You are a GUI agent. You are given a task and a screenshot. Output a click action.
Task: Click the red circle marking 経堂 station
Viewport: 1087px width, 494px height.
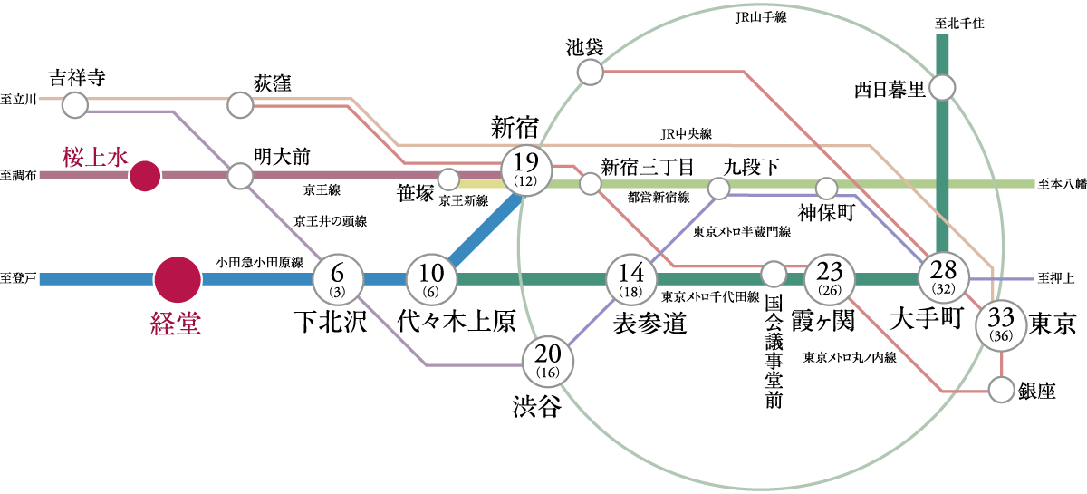(x=177, y=279)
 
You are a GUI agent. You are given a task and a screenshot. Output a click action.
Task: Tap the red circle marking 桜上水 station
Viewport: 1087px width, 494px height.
(x=144, y=176)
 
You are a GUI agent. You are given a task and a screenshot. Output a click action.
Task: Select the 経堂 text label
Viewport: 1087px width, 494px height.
(x=176, y=323)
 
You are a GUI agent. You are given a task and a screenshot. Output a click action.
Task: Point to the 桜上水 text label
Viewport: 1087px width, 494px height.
(x=96, y=157)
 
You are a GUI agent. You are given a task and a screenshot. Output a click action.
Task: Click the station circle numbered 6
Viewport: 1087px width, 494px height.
(x=338, y=279)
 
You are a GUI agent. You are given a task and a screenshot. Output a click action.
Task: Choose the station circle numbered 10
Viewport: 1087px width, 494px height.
(x=431, y=279)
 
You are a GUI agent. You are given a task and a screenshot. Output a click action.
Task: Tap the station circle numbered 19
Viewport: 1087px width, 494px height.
(x=526, y=169)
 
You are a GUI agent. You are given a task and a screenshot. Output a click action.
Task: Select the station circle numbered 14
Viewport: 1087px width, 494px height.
(x=630, y=279)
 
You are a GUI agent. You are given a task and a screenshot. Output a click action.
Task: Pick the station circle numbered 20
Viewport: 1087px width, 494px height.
(x=548, y=362)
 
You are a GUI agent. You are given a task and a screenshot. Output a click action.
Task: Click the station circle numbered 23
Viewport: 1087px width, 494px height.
(x=830, y=279)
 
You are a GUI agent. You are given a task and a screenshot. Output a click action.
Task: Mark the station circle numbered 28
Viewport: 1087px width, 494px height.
(x=943, y=277)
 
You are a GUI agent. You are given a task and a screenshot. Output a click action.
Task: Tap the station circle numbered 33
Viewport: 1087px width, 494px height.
(x=1001, y=324)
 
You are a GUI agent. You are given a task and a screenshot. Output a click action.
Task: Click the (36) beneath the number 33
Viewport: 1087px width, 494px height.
(x=1001, y=336)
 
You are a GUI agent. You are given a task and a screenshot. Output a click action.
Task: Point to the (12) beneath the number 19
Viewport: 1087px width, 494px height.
(x=526, y=181)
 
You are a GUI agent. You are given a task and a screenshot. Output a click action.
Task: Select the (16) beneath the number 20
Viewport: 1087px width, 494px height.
(x=548, y=373)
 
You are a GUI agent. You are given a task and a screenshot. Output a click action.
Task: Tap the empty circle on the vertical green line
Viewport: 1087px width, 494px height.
(x=942, y=88)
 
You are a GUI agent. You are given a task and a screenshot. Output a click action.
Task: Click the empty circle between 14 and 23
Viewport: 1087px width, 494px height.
(x=774, y=274)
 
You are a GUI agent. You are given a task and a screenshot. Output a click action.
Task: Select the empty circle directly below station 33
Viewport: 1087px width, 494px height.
(x=1001, y=391)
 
